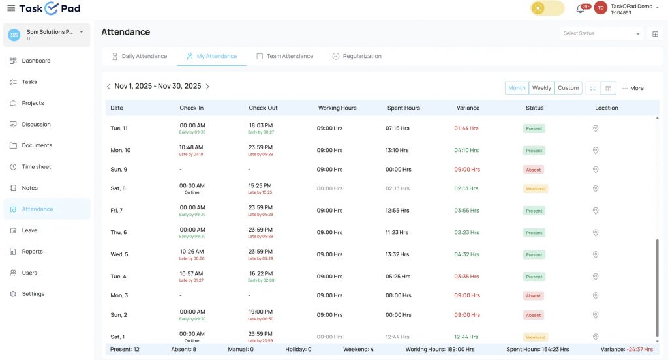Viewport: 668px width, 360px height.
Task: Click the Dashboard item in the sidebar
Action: (36, 61)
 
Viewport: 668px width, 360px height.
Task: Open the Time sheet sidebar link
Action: (36, 167)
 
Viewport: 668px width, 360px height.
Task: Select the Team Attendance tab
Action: (284, 56)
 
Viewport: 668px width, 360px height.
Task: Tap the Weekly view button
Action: (541, 88)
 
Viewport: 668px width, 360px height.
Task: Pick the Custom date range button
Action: (568, 88)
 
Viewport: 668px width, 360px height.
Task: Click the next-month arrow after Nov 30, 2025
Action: (207, 87)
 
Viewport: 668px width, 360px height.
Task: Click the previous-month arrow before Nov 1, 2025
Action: (108, 87)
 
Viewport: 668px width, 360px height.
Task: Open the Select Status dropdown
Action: (601, 33)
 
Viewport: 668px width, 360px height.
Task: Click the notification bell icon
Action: (580, 8)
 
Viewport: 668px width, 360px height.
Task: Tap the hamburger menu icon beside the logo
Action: (10, 8)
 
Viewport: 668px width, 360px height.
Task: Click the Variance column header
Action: (468, 108)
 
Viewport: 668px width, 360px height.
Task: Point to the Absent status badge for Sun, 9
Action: (534, 170)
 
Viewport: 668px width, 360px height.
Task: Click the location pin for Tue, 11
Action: (596, 128)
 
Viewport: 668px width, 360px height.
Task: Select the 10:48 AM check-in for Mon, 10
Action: (192, 147)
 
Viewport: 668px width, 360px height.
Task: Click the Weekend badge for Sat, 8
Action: (536, 188)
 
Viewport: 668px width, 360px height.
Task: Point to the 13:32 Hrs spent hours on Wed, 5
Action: (397, 254)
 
